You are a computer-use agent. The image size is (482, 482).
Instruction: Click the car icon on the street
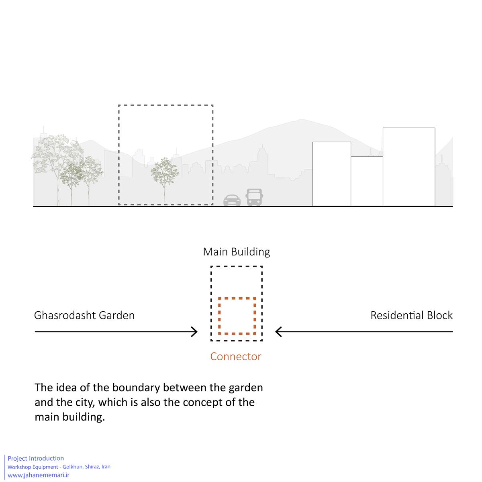[232, 200]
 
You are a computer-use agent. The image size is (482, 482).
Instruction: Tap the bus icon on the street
[254, 197]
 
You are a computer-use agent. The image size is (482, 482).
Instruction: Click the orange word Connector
[236, 356]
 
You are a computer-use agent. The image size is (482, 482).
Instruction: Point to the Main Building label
[236, 252]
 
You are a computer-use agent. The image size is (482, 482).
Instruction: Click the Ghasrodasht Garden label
[84, 315]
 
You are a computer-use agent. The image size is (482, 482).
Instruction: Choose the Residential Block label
[411, 315]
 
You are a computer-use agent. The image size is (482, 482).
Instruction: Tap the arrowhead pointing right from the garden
[194, 332]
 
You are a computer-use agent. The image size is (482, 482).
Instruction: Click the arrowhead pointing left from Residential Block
[279, 332]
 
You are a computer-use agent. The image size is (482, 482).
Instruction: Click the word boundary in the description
[136, 388]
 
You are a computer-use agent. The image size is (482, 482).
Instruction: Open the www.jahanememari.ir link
[39, 475]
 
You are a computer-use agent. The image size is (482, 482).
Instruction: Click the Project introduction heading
[36, 458]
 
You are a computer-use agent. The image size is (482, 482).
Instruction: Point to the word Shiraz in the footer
[92, 466]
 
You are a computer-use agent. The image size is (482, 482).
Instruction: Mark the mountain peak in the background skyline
[301, 120]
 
